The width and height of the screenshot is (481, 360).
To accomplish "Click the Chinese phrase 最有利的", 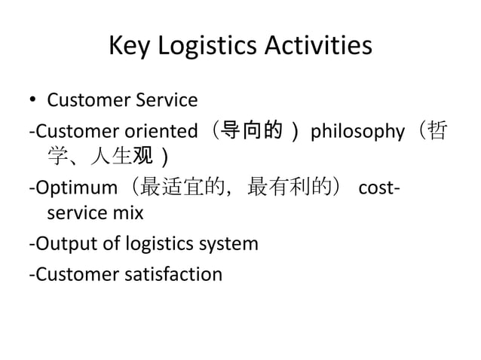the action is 288,188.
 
